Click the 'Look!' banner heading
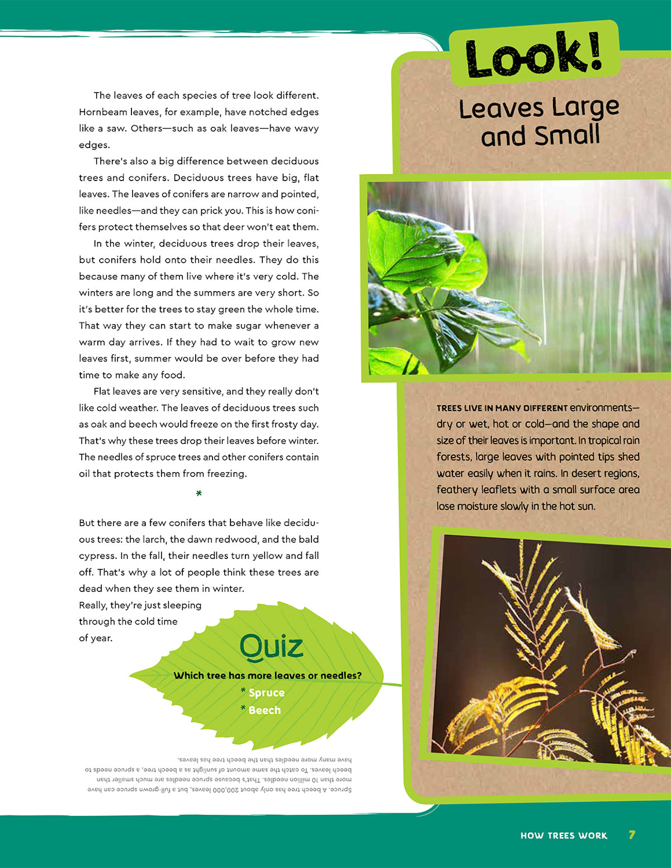pos(534,54)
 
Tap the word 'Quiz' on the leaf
pos(272,647)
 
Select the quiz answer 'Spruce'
pos(266,692)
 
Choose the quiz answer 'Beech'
pos(264,710)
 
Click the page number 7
pos(632,835)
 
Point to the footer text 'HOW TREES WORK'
pos(564,836)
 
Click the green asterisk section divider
pos(199,494)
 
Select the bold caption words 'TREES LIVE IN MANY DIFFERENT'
pos(502,408)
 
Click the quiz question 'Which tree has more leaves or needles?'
pos(267,675)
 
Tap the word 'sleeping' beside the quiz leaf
pos(182,605)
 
